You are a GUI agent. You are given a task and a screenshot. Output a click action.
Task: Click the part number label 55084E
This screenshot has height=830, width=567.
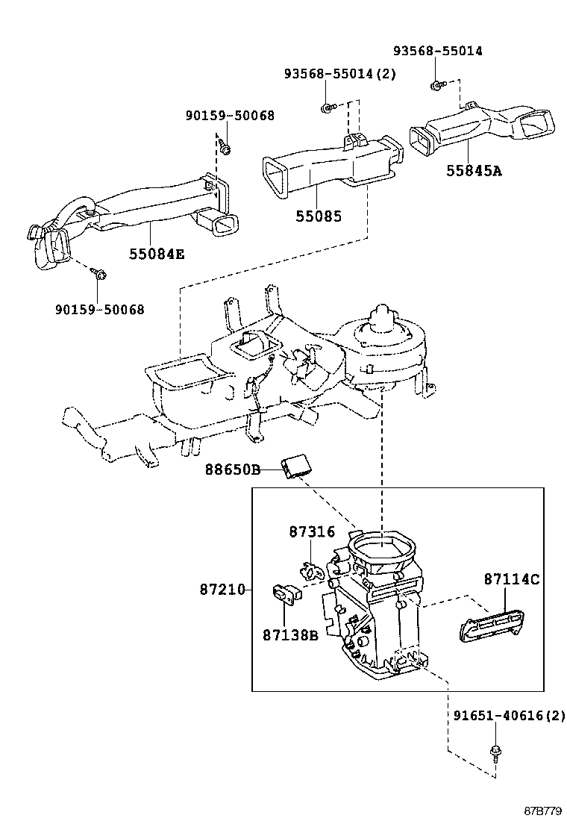point(156,254)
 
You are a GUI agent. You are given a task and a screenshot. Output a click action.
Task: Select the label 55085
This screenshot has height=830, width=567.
point(319,217)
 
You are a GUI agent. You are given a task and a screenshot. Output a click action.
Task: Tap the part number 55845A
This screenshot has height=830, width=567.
point(474,171)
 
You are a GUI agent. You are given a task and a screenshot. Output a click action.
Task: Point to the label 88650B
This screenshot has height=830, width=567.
point(233,469)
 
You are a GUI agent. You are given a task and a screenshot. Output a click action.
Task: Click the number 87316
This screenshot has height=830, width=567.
point(312,531)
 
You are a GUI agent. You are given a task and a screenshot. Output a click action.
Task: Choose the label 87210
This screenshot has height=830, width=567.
point(222,589)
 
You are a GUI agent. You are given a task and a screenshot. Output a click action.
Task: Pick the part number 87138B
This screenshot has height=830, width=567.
point(290,635)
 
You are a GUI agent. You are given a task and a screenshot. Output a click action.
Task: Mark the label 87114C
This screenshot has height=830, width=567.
point(512,578)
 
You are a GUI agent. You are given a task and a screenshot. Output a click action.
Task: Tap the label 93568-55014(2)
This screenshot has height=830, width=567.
point(339,74)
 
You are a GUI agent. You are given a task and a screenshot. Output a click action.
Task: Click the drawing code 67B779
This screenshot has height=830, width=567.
point(541,811)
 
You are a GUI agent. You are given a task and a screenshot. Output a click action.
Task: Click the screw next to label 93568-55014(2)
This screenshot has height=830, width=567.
point(327,109)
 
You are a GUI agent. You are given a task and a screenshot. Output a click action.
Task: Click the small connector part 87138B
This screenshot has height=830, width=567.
point(284,594)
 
